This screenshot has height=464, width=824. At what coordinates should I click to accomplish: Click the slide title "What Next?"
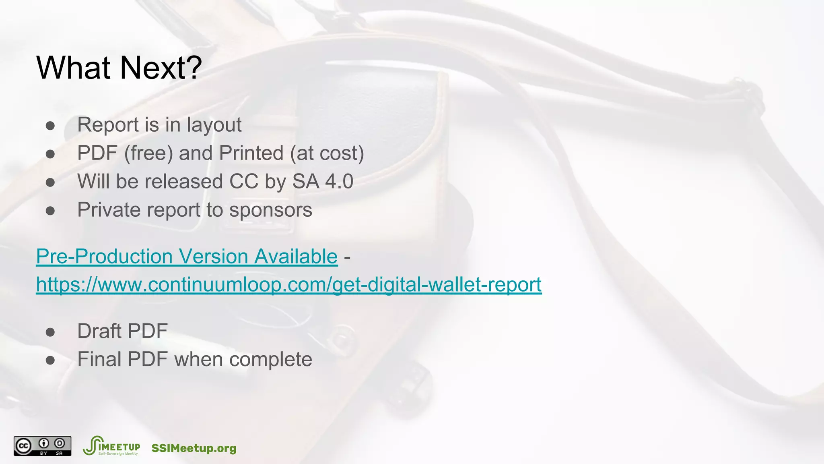[119, 68]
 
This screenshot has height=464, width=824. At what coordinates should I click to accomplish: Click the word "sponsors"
[270, 210]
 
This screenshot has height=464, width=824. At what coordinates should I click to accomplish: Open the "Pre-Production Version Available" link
[187, 257]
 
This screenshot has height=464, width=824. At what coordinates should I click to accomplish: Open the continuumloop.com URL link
[288, 285]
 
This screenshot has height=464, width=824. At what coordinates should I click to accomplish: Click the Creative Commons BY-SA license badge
[42, 446]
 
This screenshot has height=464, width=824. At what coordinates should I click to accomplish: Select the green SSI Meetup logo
[111, 446]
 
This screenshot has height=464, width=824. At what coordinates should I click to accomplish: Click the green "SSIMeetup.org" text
[194, 448]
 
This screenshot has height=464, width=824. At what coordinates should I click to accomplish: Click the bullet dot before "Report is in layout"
[50, 126]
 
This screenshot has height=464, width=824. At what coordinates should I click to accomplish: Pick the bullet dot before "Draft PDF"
[50, 332]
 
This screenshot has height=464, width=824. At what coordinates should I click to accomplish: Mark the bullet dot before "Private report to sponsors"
[50, 211]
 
